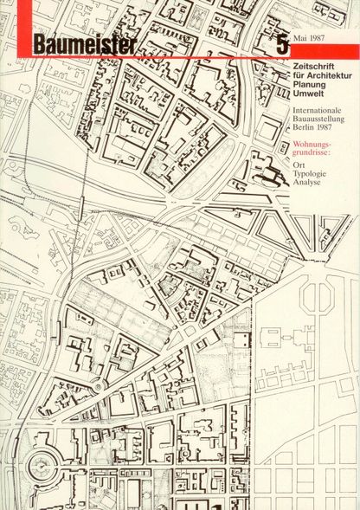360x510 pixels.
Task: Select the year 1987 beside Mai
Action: coord(327,41)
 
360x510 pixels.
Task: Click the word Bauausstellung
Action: coord(320,124)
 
